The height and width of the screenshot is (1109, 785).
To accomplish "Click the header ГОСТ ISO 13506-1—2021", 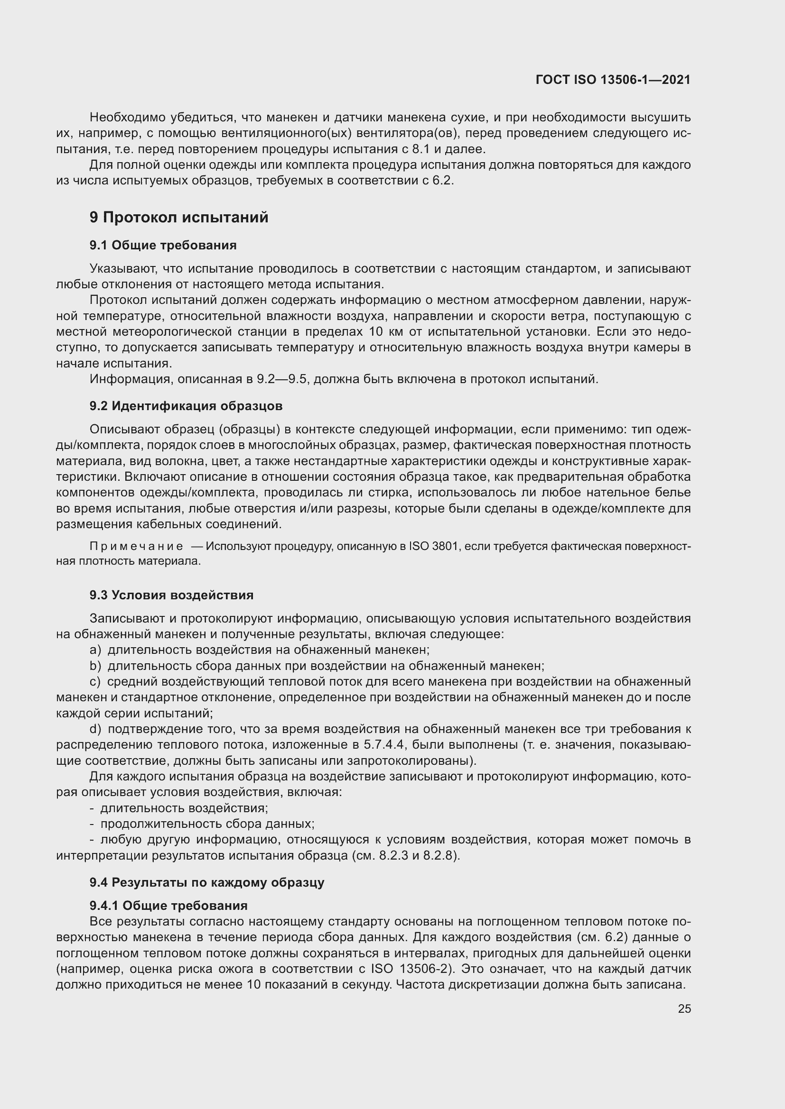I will tap(613, 80).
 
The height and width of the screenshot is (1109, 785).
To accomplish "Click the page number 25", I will tap(684, 1008).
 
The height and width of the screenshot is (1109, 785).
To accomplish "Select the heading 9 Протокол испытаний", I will tap(179, 217).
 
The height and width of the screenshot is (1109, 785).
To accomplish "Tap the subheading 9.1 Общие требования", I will tap(163, 246).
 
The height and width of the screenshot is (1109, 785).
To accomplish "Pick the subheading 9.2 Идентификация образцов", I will tap(186, 406).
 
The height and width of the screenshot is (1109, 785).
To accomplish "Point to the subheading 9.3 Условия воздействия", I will tap(171, 595).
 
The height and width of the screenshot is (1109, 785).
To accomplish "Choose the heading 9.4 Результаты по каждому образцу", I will tap(207, 882).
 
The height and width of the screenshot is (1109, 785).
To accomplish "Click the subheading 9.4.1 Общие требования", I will tap(168, 905).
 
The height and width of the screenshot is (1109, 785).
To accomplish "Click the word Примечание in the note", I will tap(136, 546).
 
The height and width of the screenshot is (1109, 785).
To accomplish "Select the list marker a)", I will tap(95, 650).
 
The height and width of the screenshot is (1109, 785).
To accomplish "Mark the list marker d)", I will tap(95, 729).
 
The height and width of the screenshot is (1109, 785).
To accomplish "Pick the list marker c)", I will tap(95, 681).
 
